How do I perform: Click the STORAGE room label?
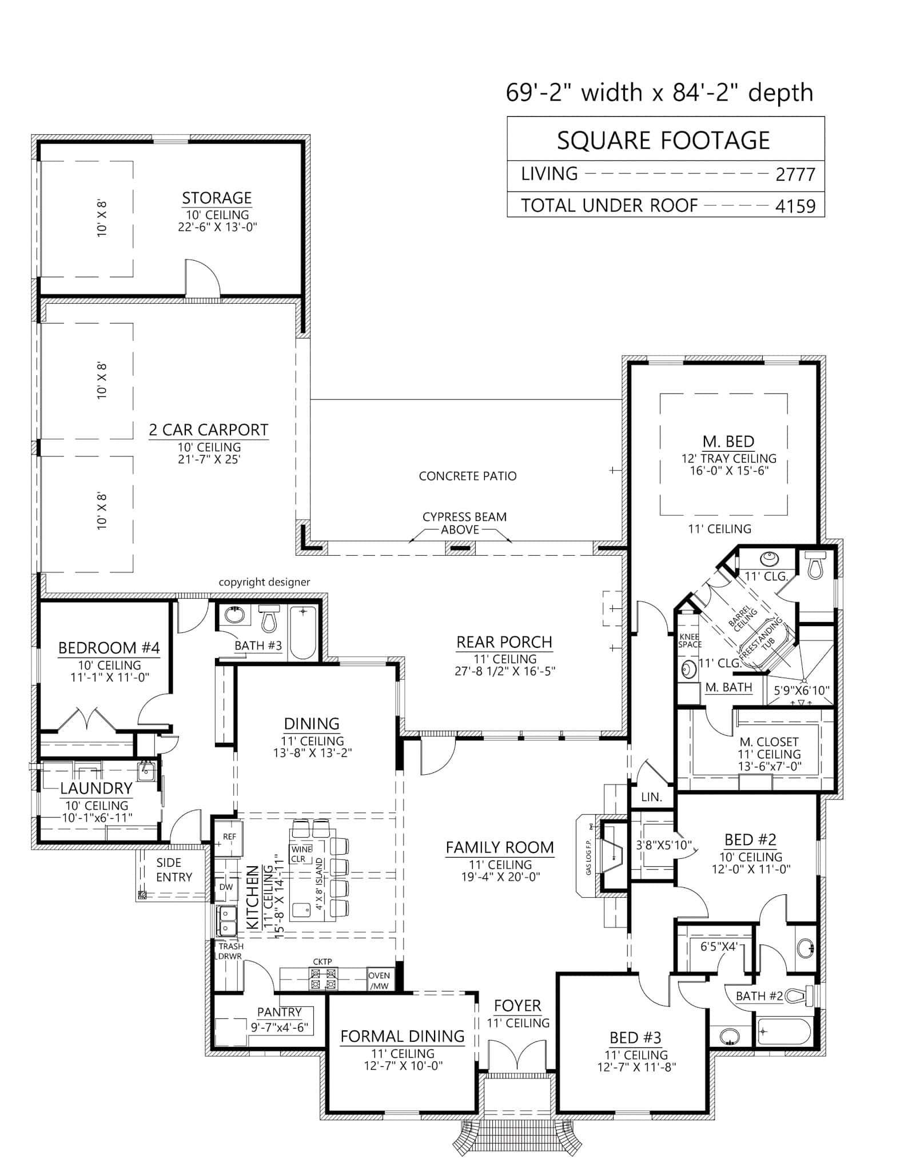[217, 198]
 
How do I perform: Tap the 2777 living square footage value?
[795, 174]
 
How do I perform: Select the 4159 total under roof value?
[795, 206]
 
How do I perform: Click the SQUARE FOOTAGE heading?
[663, 141]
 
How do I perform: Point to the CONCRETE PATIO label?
[467, 476]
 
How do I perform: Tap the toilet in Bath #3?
[269, 618]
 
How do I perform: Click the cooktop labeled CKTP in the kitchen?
[322, 978]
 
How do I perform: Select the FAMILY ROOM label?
[500, 847]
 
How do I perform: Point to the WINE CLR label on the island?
[301, 854]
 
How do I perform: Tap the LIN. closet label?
[651, 796]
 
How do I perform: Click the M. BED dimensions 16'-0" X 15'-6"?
[728, 471]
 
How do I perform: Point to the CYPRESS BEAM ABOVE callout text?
[464, 523]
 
